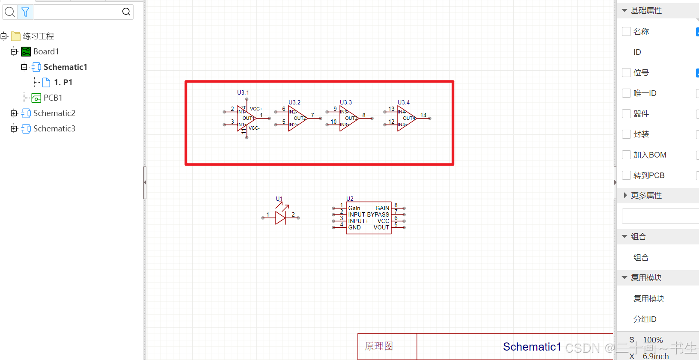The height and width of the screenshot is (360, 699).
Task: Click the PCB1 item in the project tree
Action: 53,98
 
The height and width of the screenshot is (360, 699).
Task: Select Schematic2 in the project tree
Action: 54,113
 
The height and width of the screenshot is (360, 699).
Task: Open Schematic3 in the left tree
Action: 54,128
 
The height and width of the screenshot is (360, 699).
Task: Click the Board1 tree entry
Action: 46,51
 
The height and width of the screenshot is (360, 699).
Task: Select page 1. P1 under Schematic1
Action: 63,82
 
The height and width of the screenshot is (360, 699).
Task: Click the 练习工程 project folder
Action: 38,36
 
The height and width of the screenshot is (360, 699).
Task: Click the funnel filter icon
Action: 25,12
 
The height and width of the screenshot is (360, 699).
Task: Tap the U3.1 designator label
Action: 243,92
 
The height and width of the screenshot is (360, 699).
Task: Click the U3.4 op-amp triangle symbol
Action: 406,118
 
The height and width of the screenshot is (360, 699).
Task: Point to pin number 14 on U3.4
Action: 423,115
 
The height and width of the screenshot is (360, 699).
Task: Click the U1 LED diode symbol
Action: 280,217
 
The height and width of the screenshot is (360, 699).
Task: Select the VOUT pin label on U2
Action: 381,227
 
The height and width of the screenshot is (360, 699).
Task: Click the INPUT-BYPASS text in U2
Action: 369,214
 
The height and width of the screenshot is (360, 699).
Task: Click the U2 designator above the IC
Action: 350,199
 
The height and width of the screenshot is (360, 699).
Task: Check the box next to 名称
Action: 626,31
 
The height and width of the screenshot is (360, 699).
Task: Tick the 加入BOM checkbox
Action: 626,155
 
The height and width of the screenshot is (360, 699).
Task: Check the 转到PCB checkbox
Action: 626,175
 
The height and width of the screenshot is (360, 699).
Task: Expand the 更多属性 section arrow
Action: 625,196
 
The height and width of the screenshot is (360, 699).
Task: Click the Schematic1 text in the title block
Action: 532,347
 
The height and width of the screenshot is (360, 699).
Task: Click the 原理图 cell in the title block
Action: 379,346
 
